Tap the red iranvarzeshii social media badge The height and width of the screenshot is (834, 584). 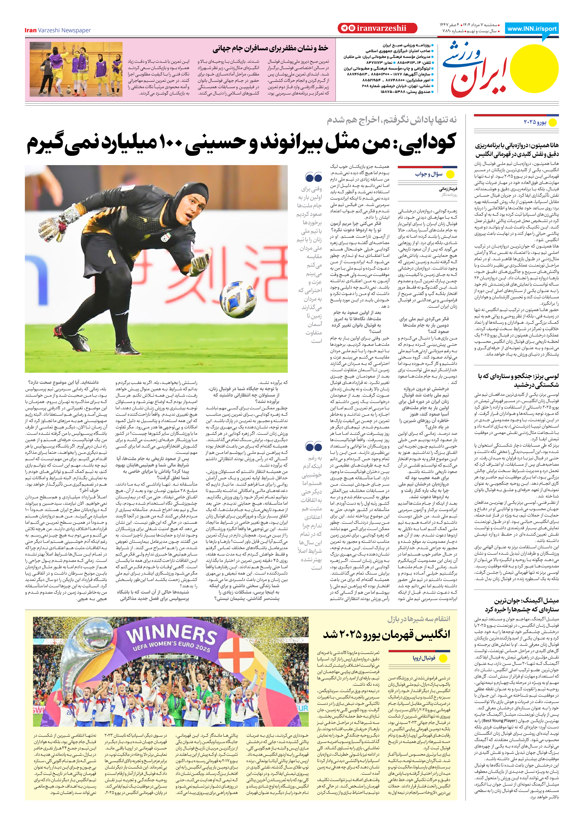click(377, 28)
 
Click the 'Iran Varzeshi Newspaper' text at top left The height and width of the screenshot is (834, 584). click(58, 30)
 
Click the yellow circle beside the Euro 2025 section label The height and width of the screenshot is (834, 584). click(552, 123)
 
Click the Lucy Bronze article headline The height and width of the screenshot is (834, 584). click(518, 380)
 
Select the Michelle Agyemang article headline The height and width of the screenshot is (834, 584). click(521, 604)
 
